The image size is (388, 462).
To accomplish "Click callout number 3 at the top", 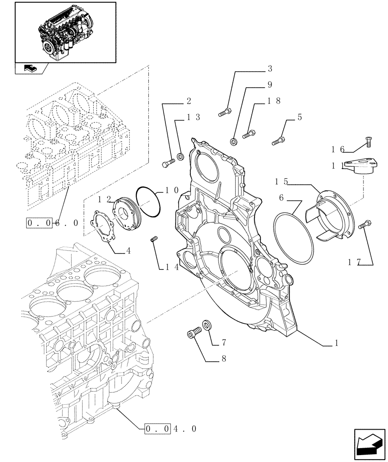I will pos(270,69).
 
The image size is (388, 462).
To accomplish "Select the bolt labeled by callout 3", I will pos(224,111).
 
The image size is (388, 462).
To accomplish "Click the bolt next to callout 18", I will pos(248,134).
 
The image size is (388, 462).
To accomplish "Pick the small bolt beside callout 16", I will pos(368,142).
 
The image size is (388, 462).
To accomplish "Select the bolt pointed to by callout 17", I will pos(364,225).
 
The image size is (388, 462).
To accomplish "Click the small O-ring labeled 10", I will pos(149,201).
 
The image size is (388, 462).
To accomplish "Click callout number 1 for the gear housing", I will pos(337,343).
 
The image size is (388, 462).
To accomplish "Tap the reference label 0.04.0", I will pos(171,429).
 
